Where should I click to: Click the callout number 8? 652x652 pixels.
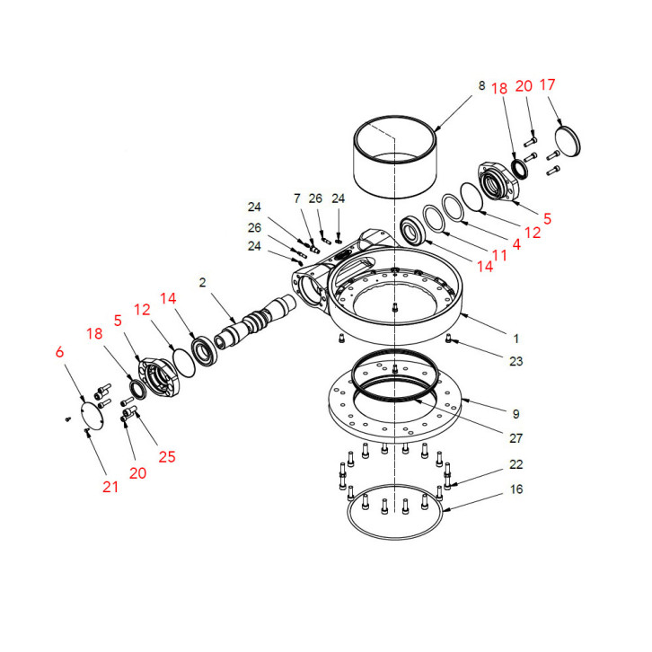click(481, 85)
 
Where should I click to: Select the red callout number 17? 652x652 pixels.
click(547, 84)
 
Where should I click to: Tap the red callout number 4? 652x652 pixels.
click(516, 242)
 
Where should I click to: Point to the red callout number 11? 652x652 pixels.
click(499, 255)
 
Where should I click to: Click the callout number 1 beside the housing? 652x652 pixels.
click(515, 339)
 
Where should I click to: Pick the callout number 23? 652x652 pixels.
click(515, 362)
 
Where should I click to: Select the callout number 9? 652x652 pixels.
click(515, 414)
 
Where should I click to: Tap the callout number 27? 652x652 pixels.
click(515, 438)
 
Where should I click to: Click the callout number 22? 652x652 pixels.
click(515, 465)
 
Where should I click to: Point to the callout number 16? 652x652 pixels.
click(515, 489)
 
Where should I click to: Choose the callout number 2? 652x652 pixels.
click(203, 282)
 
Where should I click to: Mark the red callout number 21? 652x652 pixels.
click(110, 487)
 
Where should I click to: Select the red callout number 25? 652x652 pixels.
click(167, 457)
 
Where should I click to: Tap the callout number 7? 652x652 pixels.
click(295, 197)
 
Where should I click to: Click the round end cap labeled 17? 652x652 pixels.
click(567, 141)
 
